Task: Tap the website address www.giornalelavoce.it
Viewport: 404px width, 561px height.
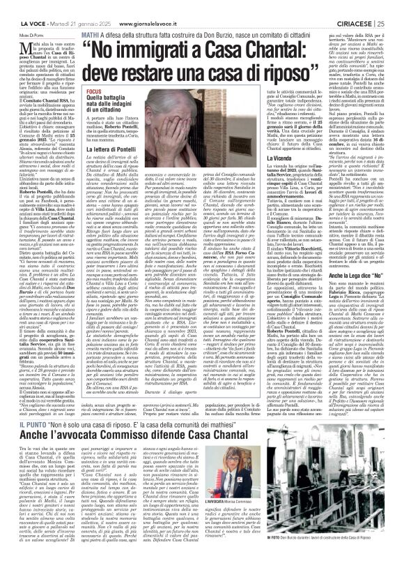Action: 122,6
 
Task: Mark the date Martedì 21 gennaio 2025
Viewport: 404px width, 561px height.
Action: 69,6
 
